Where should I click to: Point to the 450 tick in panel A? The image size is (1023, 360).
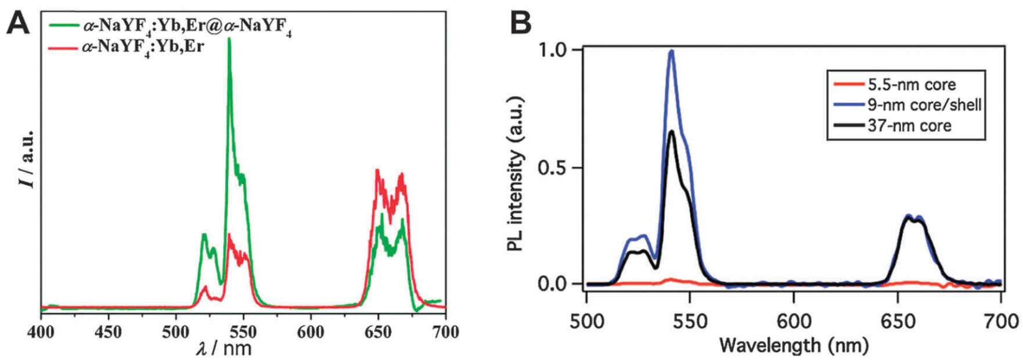(x=109, y=332)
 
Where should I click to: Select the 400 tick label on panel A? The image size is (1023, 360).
(x=41, y=332)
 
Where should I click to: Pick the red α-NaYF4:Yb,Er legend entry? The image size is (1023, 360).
(x=143, y=46)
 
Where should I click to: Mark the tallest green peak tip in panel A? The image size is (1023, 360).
(x=229, y=39)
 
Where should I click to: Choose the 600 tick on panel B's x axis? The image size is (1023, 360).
(x=794, y=321)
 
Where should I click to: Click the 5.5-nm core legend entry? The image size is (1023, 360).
(x=912, y=85)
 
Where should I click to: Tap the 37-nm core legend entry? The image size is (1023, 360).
(x=909, y=125)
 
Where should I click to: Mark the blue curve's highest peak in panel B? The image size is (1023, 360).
(x=672, y=51)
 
